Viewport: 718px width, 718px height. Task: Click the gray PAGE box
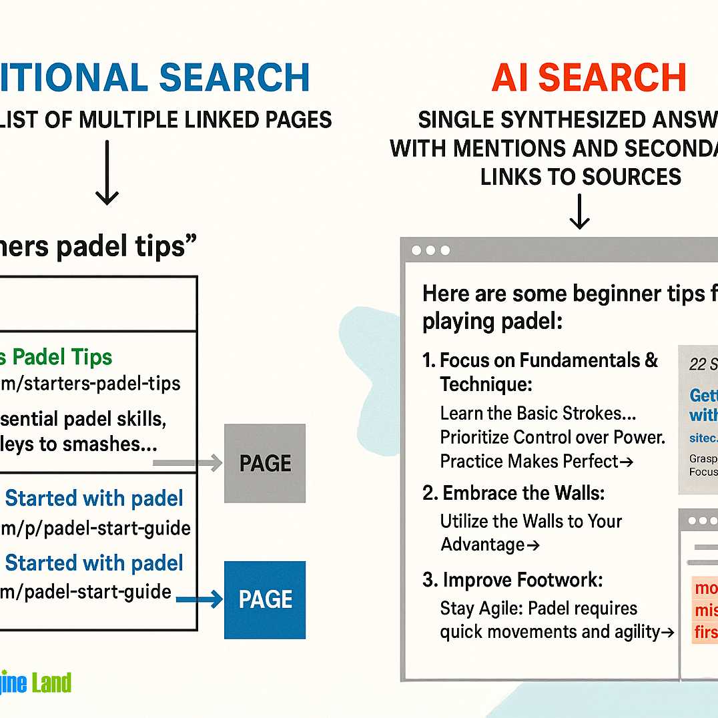click(265, 463)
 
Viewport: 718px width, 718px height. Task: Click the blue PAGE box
click(265, 599)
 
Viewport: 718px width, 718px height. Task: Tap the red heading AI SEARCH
click(589, 77)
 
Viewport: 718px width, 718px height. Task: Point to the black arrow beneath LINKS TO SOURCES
click(579, 212)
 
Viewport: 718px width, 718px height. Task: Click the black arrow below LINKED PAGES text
click(107, 172)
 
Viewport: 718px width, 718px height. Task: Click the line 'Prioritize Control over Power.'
click(553, 437)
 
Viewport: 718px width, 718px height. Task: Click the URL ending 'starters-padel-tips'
click(90, 384)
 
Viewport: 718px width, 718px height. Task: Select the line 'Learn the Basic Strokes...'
click(538, 413)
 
